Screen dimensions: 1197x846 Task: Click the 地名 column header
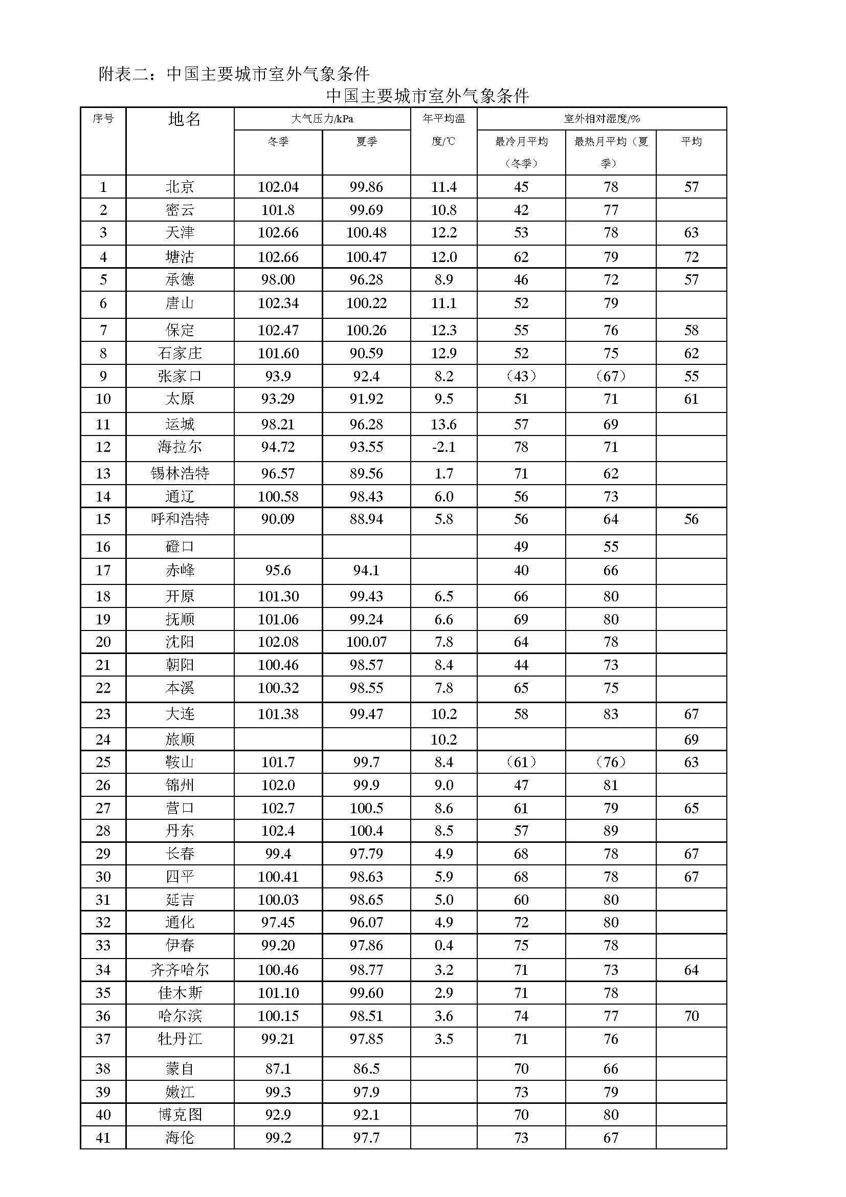click(185, 119)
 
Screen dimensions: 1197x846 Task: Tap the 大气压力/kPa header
click(322, 119)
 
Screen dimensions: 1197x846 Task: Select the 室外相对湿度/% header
click(602, 119)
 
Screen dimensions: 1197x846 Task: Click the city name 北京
click(180, 187)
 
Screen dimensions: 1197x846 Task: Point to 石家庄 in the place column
click(180, 353)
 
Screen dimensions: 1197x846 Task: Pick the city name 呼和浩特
click(180, 519)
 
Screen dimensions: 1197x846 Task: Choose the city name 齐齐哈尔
click(180, 970)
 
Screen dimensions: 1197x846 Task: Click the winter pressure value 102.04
click(278, 187)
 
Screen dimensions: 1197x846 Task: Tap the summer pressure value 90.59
click(366, 353)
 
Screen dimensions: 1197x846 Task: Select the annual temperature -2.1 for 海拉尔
click(444, 447)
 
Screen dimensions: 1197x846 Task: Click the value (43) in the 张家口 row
click(521, 376)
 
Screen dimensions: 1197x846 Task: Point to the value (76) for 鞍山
click(611, 762)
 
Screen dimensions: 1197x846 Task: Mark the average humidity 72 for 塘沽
click(692, 256)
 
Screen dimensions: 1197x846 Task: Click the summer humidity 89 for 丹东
click(611, 831)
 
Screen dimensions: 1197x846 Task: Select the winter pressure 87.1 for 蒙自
click(278, 1068)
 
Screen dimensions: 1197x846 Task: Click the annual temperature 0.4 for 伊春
click(444, 945)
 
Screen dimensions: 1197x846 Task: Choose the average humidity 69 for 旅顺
click(692, 739)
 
